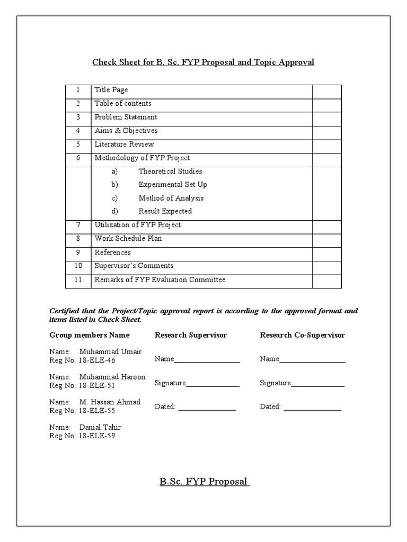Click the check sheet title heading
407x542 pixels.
pos(203,62)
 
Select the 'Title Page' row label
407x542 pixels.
pos(111,90)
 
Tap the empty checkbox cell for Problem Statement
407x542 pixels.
pos(326,118)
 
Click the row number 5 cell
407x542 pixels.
pos(78,144)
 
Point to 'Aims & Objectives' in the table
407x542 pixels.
pos(126,131)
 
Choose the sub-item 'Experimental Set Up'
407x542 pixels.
pos(173,185)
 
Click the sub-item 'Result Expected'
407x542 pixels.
pos(165,211)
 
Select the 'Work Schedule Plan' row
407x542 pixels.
pos(128,239)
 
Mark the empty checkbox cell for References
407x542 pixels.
pos(326,253)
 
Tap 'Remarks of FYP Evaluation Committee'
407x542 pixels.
pos(160,279)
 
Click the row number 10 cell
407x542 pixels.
pos(78,266)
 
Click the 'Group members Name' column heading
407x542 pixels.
pos(89,335)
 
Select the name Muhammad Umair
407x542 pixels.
pos(110,352)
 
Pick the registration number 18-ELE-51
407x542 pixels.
pos(96,385)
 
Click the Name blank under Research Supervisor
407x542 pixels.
pos(207,360)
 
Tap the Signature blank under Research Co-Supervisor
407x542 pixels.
pos(318,384)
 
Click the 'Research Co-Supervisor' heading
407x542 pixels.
pos(302,335)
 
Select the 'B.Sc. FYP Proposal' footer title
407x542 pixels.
pos(203,482)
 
